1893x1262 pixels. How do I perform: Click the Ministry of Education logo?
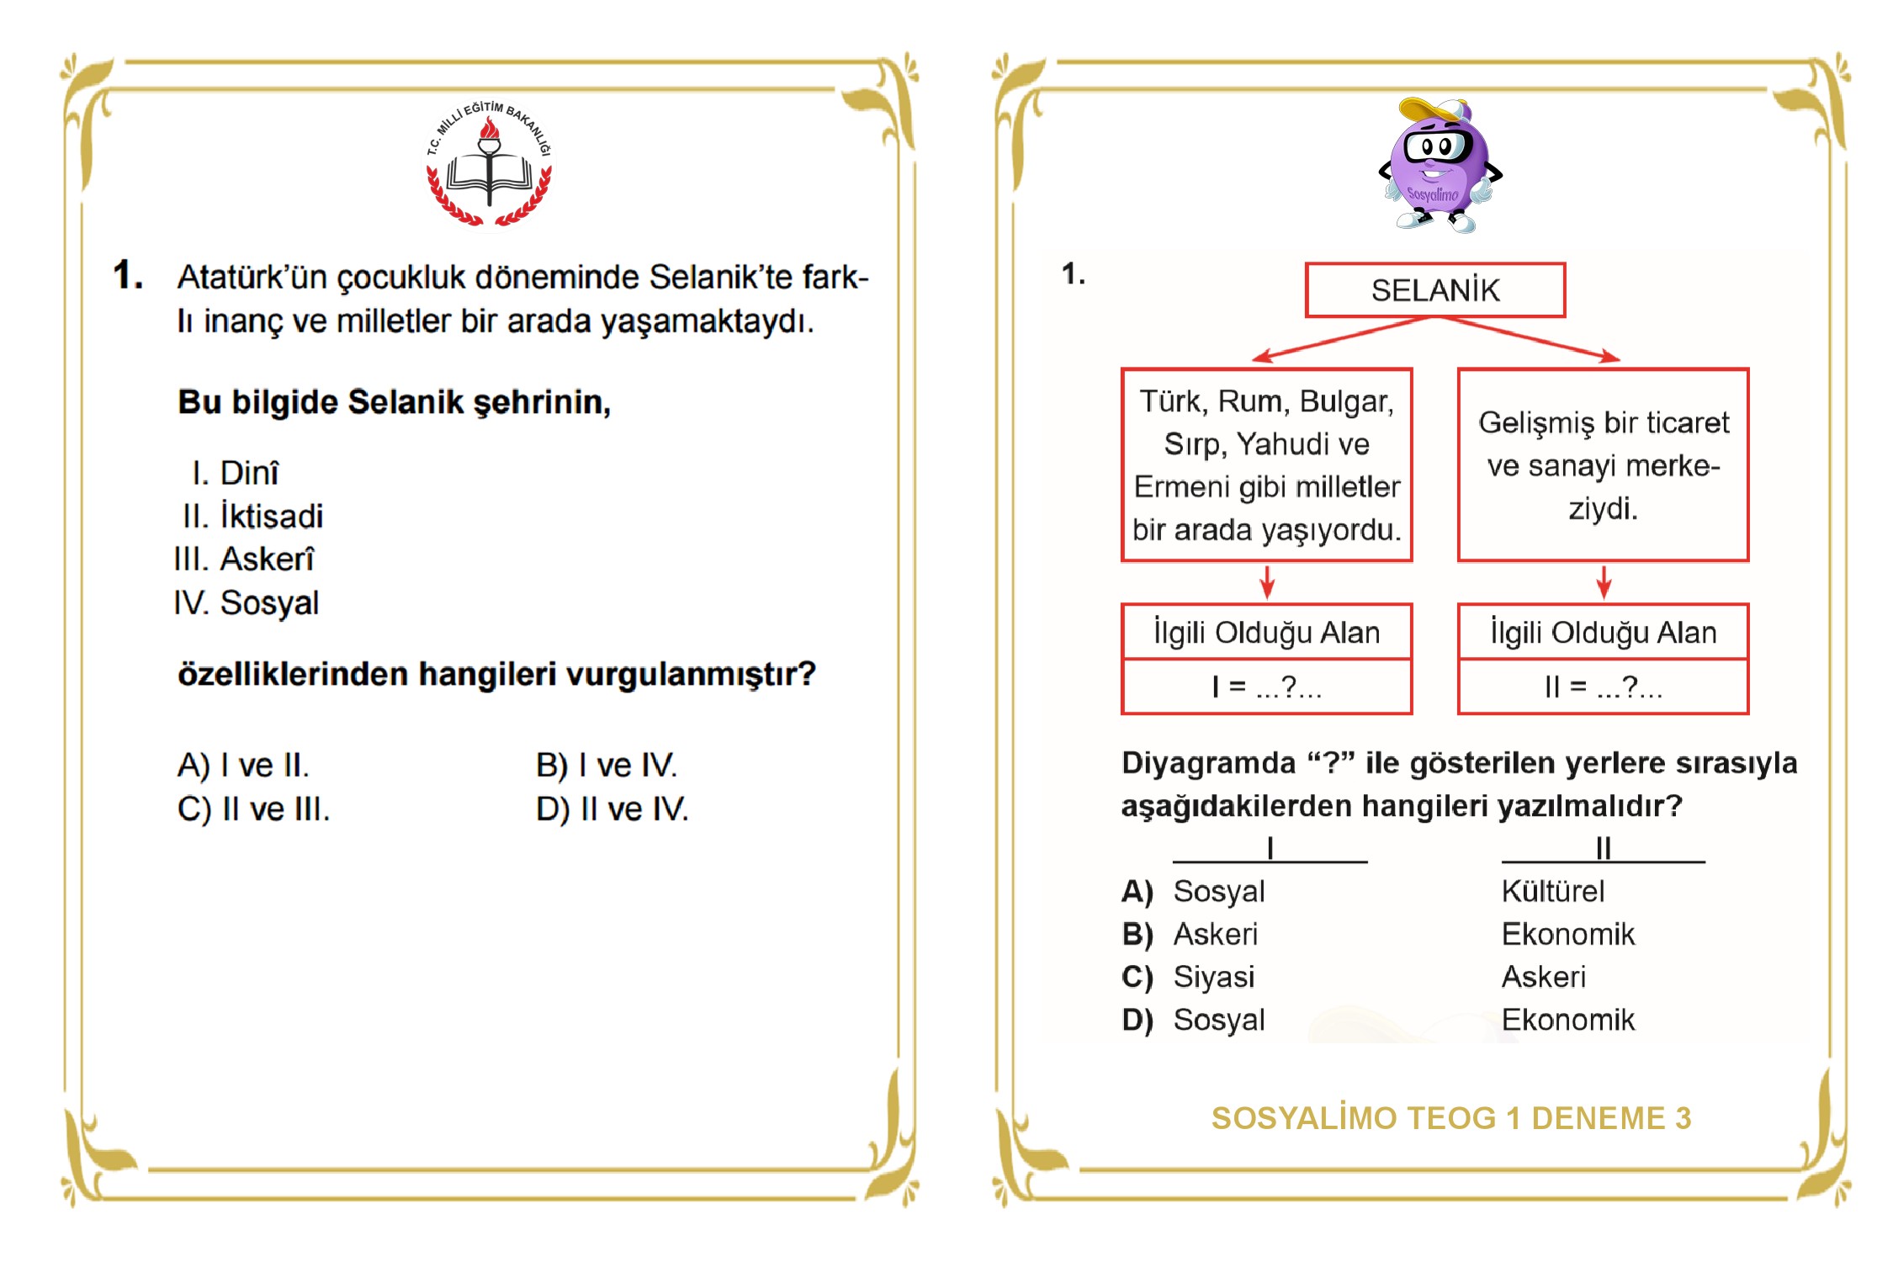(489, 166)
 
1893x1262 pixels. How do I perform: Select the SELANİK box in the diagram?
(1434, 290)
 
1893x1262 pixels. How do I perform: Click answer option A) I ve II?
(243, 765)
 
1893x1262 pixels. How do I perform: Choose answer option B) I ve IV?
(606, 765)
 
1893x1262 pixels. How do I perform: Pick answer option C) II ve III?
(253, 809)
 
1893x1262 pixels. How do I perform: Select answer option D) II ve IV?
(612, 809)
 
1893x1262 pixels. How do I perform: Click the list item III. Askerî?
(244, 559)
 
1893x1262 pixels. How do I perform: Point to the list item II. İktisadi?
(252, 516)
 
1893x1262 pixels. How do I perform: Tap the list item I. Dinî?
(236, 473)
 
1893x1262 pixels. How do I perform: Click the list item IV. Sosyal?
(247, 602)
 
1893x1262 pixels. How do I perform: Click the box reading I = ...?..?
(1266, 687)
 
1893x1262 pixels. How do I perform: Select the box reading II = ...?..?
(1603, 687)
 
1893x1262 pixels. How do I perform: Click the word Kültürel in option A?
(1552, 891)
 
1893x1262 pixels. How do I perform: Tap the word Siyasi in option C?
(1213, 977)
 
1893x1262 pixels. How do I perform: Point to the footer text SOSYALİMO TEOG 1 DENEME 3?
(1450, 1118)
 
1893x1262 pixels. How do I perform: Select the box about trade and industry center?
(1603, 464)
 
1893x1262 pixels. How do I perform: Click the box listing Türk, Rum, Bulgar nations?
(1266, 464)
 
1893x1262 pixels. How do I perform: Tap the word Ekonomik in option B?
(1567, 934)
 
